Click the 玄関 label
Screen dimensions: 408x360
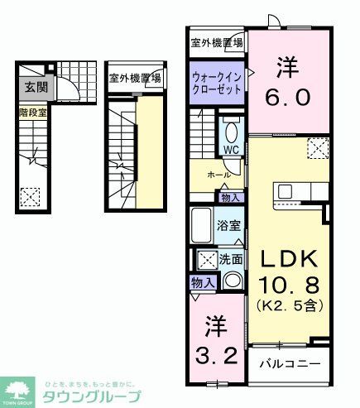click(x=35, y=86)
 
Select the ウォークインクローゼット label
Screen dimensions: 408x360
click(x=217, y=83)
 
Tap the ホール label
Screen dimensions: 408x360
click(x=219, y=175)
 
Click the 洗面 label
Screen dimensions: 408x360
click(x=232, y=259)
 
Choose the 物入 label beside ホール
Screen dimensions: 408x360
click(x=230, y=197)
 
